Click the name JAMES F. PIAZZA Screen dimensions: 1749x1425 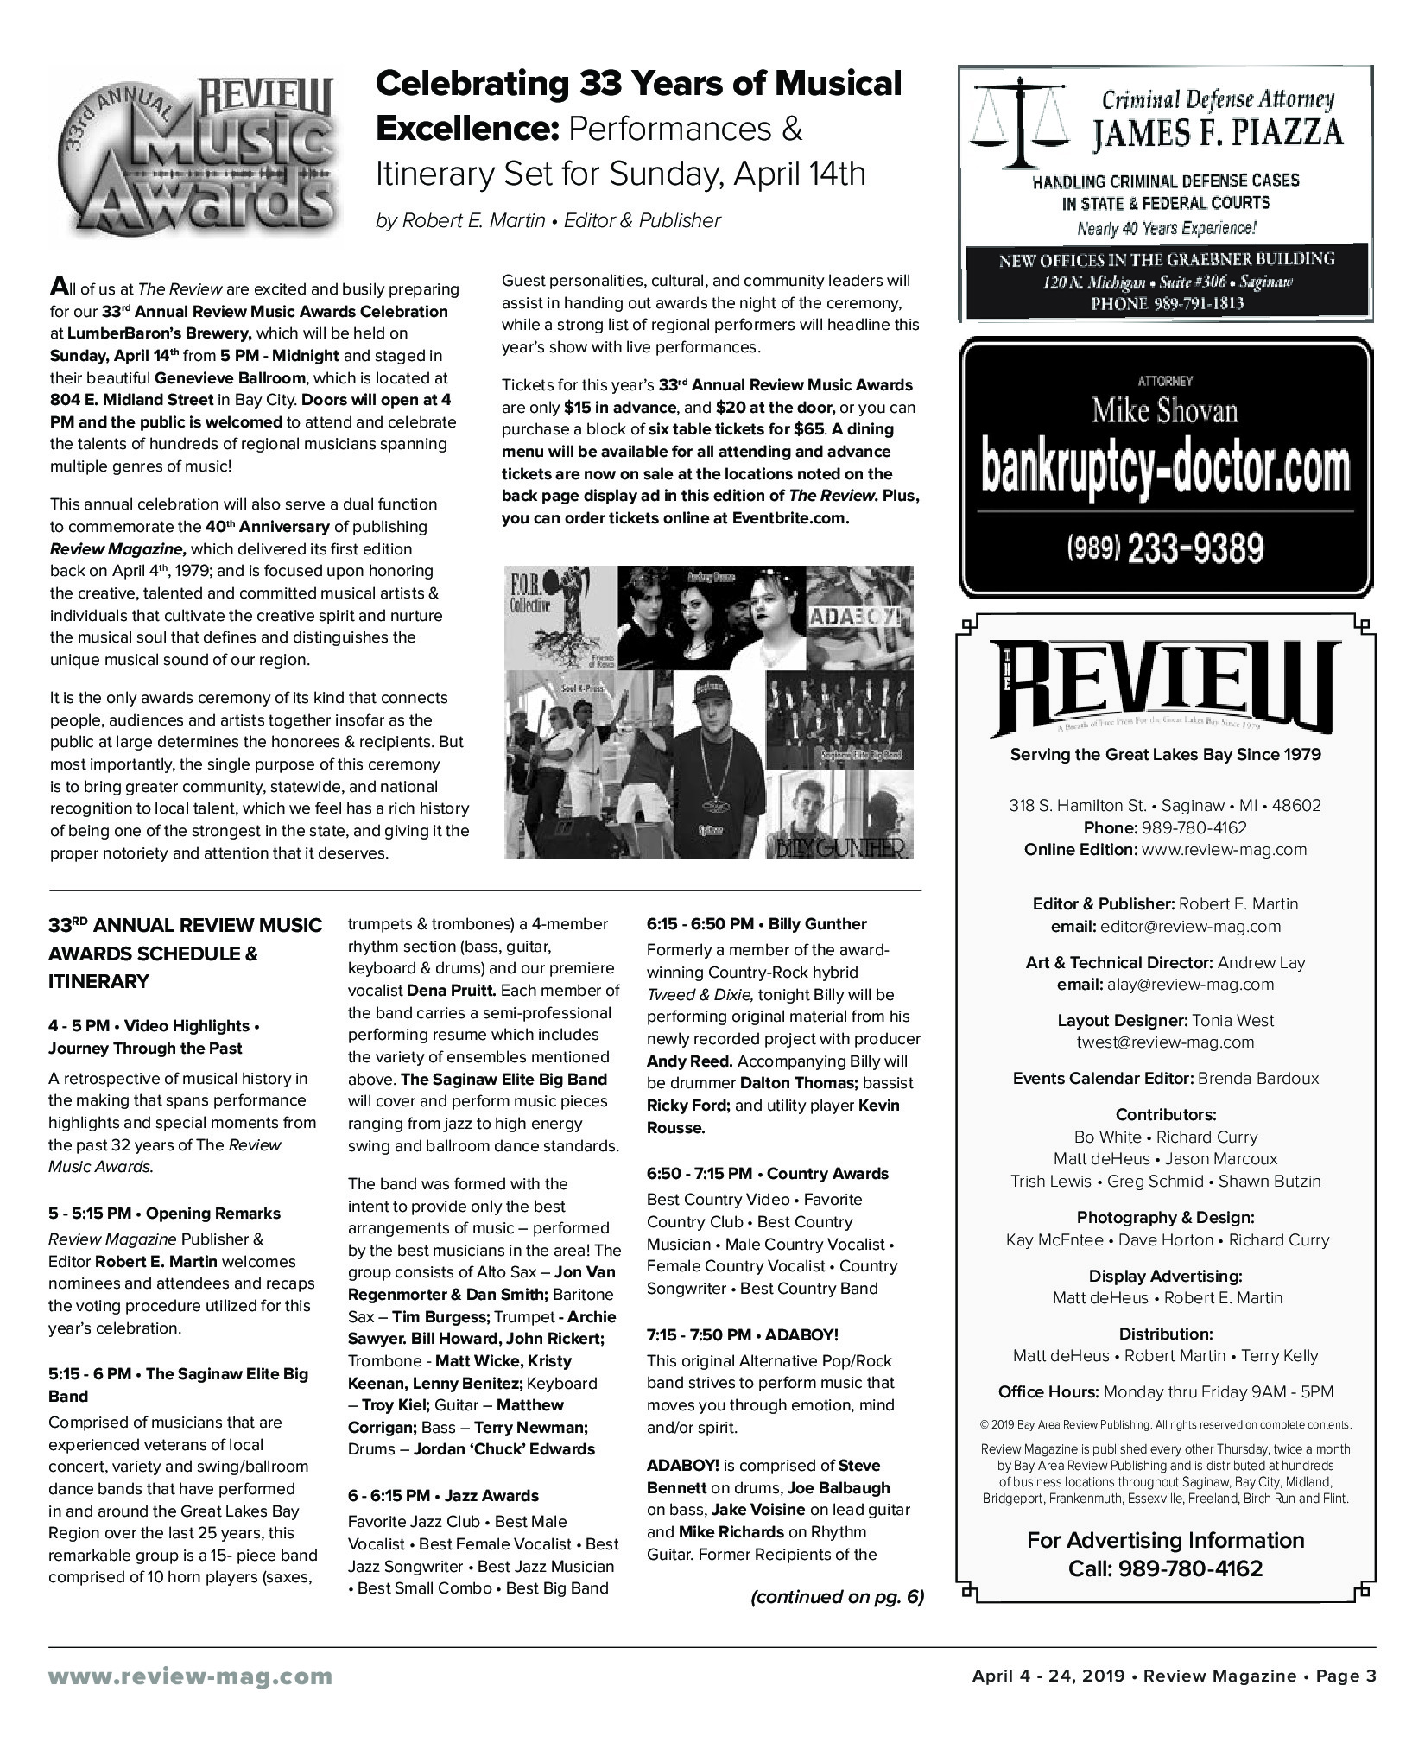[x=1218, y=134]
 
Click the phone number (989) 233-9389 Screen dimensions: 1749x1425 [x=1165, y=548]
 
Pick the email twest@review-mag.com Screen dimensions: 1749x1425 [x=1165, y=1042]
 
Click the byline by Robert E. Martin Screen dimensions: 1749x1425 [x=548, y=221]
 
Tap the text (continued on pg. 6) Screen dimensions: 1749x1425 [x=837, y=1596]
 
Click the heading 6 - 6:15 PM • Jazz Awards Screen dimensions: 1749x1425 [x=443, y=1495]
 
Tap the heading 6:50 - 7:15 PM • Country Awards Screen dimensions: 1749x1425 [x=767, y=1173]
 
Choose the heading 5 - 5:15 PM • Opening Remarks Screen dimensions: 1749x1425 [x=164, y=1213]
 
